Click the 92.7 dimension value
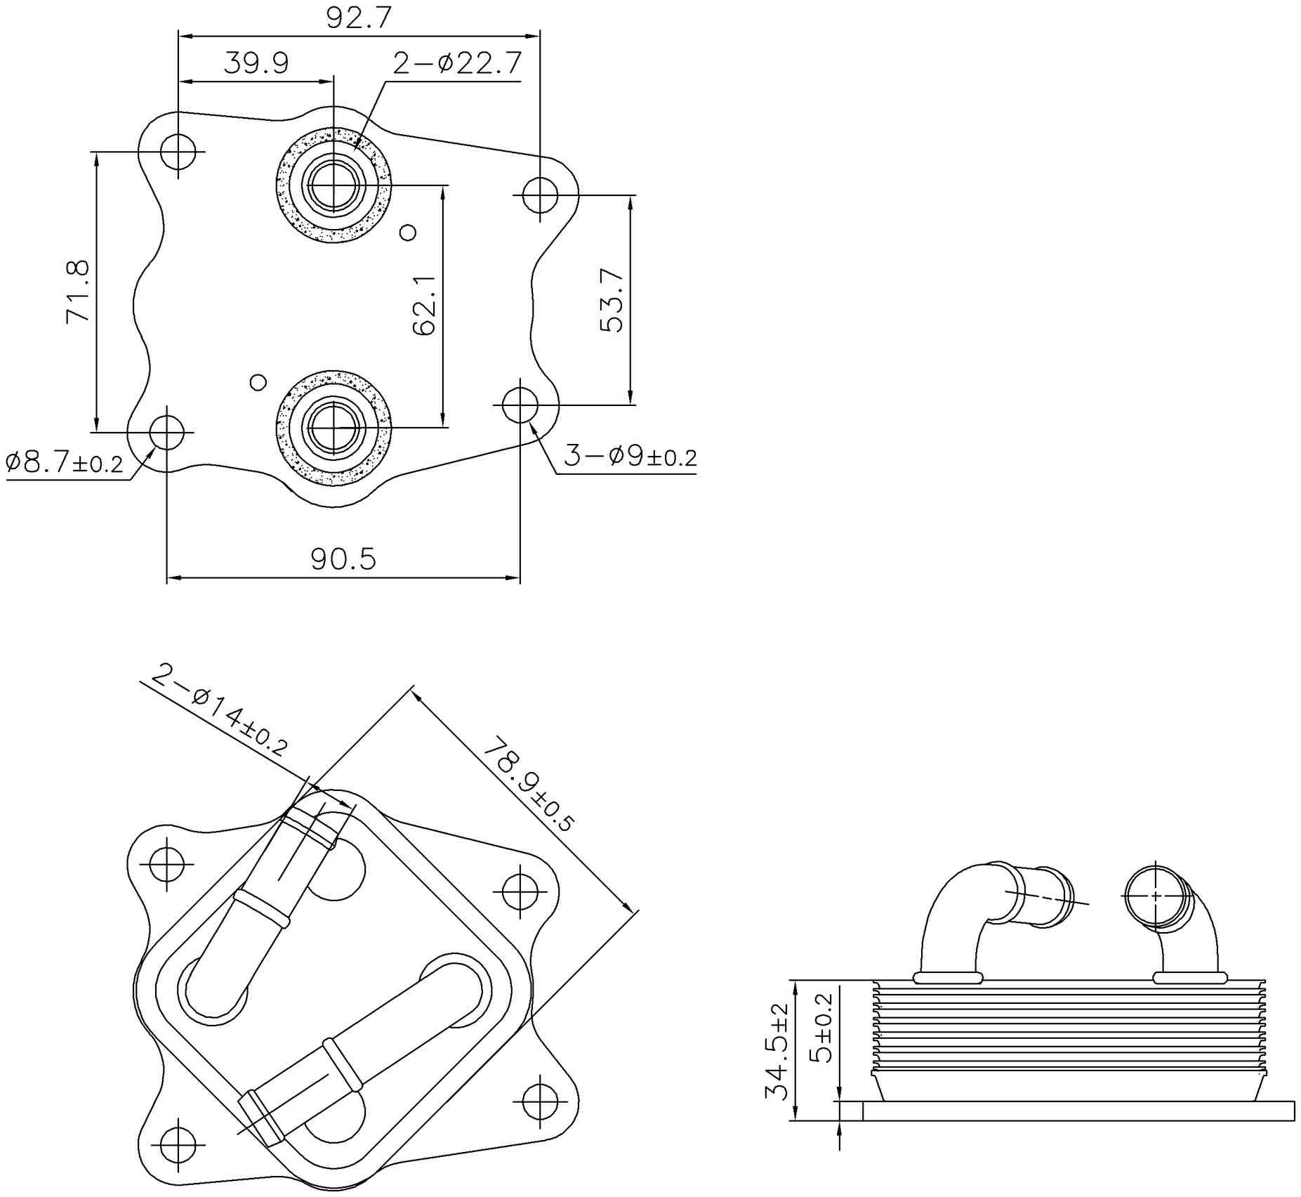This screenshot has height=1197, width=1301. [358, 18]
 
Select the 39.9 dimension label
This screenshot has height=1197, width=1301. [256, 63]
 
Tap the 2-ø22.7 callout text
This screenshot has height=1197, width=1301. [457, 63]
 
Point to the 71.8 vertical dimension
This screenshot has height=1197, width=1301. [78, 292]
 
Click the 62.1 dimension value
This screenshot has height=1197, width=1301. [425, 306]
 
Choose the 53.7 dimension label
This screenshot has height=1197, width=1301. [612, 300]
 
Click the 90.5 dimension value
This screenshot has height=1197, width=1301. [343, 559]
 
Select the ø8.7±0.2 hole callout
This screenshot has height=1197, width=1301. [65, 463]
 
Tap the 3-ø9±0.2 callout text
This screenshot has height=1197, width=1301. [630, 457]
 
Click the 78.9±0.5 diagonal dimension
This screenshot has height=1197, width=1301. [529, 784]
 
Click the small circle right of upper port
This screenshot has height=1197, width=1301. [408, 232]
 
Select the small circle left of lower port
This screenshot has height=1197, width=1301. [258, 382]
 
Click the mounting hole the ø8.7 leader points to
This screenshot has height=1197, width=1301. [167, 432]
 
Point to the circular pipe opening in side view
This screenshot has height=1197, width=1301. [1154, 896]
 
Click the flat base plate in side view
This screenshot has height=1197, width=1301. [1078, 1111]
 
